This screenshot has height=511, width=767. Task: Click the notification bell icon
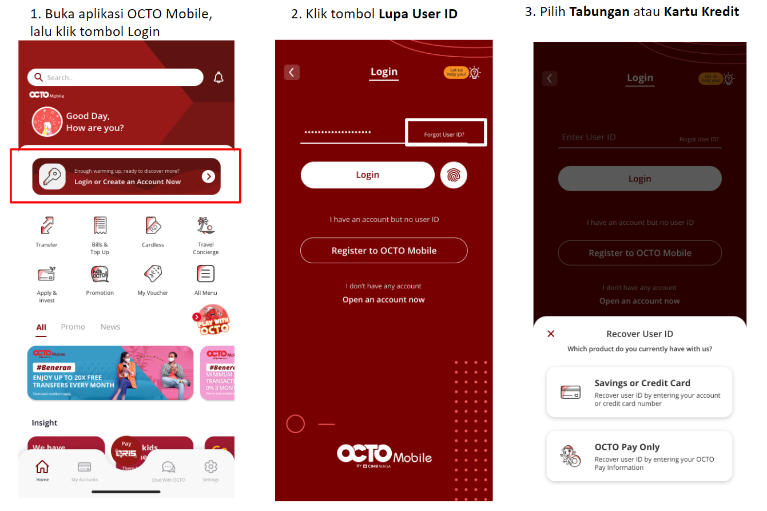[x=218, y=77]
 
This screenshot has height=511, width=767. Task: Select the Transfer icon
[x=46, y=225]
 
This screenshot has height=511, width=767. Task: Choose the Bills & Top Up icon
[x=100, y=225]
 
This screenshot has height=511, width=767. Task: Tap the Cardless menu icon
[x=153, y=225]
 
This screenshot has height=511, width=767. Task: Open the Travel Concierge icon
[x=205, y=225]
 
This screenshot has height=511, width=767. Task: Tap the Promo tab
[x=73, y=327]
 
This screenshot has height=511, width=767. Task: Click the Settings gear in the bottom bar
[x=210, y=466]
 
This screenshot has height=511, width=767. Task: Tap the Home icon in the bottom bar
[x=42, y=466]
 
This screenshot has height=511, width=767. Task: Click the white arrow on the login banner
[x=208, y=176]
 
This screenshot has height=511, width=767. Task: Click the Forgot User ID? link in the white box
[x=444, y=134]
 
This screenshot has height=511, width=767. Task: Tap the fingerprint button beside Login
[x=454, y=175]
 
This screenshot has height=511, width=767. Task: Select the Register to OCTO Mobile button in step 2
[x=384, y=251]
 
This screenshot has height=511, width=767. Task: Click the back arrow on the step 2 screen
[x=292, y=72]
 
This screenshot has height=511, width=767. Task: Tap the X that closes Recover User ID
[x=551, y=334]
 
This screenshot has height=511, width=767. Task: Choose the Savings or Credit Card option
[x=639, y=393]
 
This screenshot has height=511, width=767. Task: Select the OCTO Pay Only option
[x=639, y=457]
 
